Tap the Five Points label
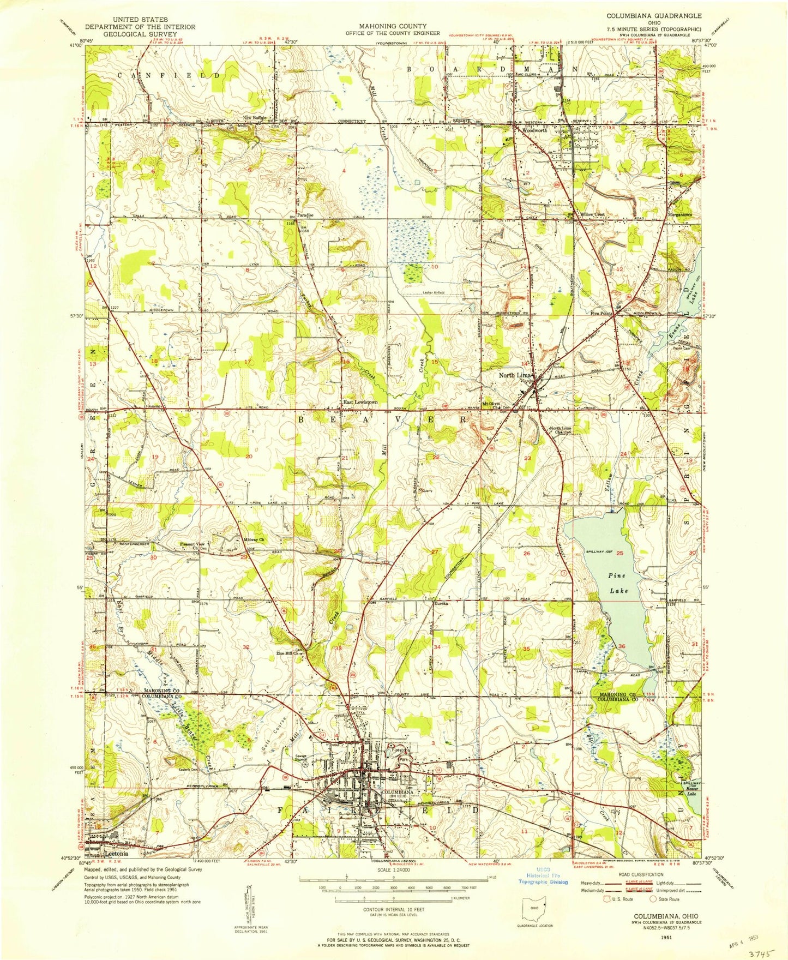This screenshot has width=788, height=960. [x=601, y=314]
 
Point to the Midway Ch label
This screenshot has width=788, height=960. [x=254, y=540]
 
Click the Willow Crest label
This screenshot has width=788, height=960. [x=592, y=214]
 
